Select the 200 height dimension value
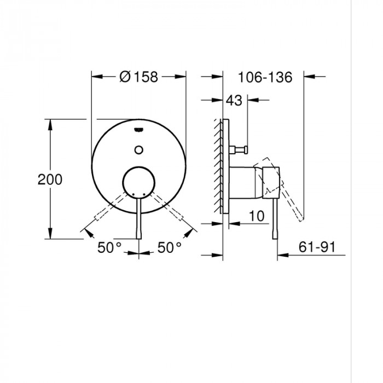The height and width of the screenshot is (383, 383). (50, 179)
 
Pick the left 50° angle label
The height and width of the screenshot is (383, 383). (109, 247)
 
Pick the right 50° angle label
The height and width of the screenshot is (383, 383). (170, 247)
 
